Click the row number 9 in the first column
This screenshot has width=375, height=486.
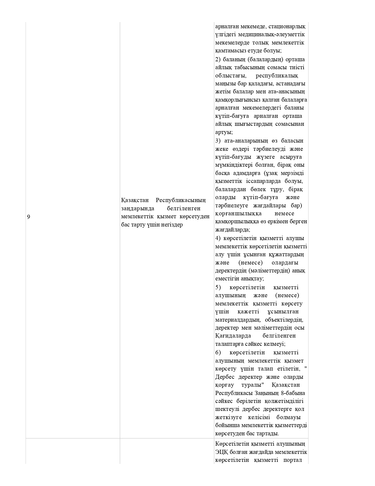tap(29, 217)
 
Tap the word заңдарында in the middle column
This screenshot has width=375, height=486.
tap(138, 209)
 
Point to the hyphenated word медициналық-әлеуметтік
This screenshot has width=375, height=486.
tap(269, 35)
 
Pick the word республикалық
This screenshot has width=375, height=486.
tap(277, 75)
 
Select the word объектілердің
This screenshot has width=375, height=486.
tap(284, 320)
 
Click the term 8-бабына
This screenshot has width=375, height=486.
tap(293, 393)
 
